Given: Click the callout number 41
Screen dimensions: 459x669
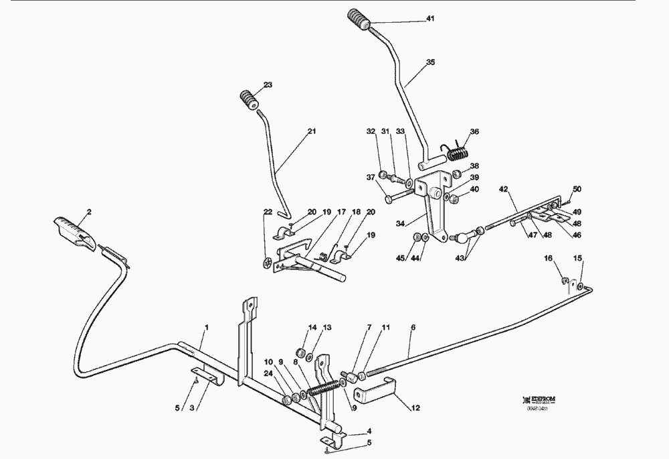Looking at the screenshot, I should [x=430, y=19].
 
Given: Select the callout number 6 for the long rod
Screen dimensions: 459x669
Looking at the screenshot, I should [x=413, y=328].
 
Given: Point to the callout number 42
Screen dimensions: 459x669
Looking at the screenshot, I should [x=503, y=190].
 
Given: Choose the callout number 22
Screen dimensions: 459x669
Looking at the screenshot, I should [x=268, y=212].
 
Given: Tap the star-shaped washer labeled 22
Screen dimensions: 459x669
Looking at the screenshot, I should [x=269, y=263].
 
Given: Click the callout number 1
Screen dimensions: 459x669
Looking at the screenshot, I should [x=207, y=327].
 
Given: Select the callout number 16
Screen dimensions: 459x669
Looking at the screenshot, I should [x=547, y=257].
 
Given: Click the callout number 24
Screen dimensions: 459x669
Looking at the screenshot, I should [x=268, y=374].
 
